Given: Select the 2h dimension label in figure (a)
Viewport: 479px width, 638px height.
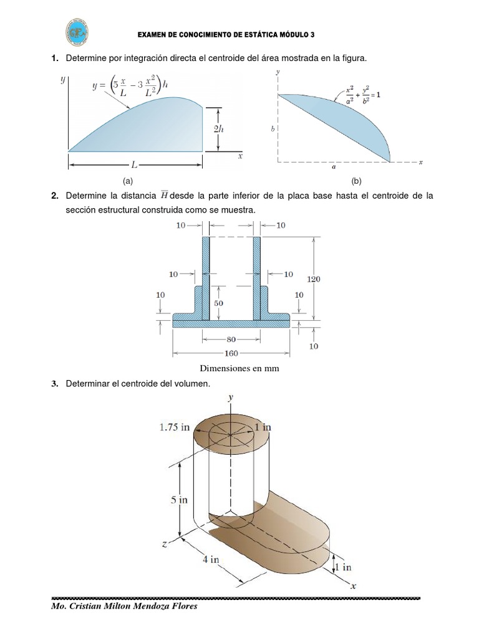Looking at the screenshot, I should (x=218, y=129).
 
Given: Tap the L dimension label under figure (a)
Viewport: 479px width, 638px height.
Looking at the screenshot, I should (x=134, y=164).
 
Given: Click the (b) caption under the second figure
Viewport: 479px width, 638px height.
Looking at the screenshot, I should (x=356, y=181).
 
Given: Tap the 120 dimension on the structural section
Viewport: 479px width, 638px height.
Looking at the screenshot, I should (x=314, y=280).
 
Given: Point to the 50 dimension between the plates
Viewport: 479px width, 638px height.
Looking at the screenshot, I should (x=219, y=303).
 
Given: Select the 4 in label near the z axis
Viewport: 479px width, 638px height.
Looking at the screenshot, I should (x=210, y=559).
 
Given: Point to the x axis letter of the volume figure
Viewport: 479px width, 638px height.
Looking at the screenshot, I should (x=352, y=586).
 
